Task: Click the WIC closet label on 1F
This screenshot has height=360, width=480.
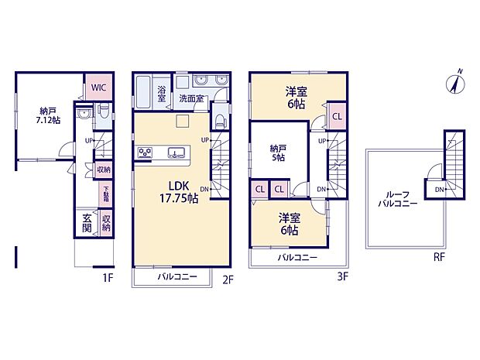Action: (x=98, y=87)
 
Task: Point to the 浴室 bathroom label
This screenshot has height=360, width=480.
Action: (x=163, y=94)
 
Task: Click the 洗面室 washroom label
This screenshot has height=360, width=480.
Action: (x=192, y=99)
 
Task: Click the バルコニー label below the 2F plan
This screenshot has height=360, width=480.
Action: (x=177, y=276)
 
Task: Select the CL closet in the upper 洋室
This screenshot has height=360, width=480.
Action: (x=337, y=117)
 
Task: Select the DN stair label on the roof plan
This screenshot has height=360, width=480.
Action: (x=438, y=190)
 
